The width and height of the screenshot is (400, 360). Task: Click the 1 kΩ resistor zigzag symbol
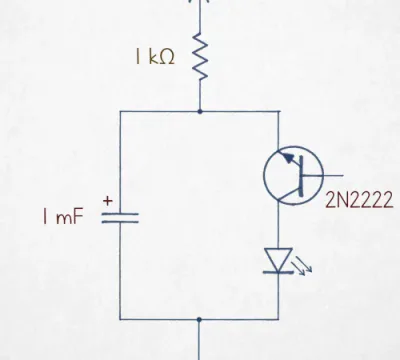pos(200,56)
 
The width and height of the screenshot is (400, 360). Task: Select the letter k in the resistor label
pos(151,56)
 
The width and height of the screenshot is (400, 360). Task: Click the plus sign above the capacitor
pos(108,201)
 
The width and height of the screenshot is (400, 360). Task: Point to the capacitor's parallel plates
pos(120,218)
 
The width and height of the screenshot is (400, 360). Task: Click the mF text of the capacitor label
pos(69,217)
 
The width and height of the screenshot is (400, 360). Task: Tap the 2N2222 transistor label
pos(359,200)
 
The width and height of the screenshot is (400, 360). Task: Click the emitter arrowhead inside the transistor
pos(289,157)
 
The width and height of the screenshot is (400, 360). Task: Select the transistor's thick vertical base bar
pos(301,176)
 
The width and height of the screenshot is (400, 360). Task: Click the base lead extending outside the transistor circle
pos(333,175)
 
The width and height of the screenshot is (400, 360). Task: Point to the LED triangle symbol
pos(278,260)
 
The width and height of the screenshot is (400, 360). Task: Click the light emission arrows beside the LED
pos(302,266)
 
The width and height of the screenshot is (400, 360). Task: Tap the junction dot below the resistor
pos(200,111)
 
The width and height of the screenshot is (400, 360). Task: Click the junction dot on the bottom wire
pos(199,320)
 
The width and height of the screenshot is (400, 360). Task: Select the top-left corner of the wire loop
pos(120,111)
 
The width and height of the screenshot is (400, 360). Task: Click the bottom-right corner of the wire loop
pos(278,319)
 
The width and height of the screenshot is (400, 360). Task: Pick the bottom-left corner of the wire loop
pos(120,319)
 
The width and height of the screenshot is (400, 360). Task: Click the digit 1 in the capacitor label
pos(45,216)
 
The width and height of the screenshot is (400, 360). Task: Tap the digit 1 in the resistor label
pos(138,56)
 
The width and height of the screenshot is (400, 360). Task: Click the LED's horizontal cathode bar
pos(278,272)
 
